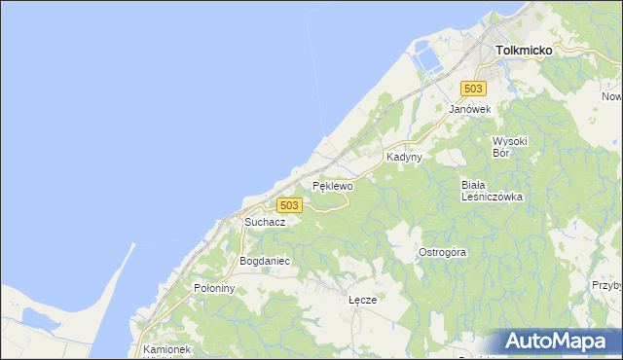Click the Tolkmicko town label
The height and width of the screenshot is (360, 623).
(524, 50)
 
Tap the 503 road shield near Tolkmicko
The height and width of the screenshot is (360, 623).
(473, 89)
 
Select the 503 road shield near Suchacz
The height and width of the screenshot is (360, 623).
(289, 205)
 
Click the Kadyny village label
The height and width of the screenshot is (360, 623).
(403, 157)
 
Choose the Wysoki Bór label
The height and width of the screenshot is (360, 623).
(509, 146)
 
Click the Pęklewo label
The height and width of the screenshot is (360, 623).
(331, 184)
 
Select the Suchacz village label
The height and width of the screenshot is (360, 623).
(265, 222)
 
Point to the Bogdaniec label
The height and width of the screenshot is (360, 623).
(265, 262)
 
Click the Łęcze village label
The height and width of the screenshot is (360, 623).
(362, 301)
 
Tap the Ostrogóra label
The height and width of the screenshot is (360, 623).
(443, 252)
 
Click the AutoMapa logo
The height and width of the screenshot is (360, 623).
(557, 342)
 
